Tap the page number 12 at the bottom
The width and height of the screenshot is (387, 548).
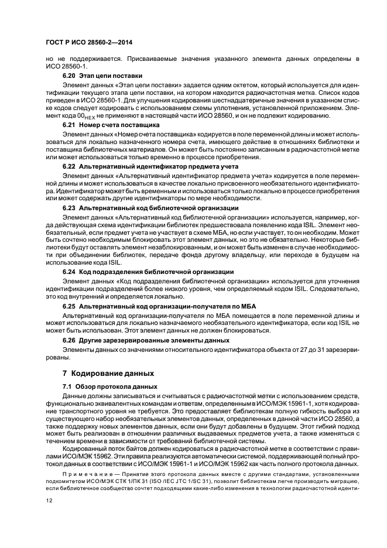coord(49,500)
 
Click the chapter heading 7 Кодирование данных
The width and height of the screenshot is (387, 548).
coord(108,373)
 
